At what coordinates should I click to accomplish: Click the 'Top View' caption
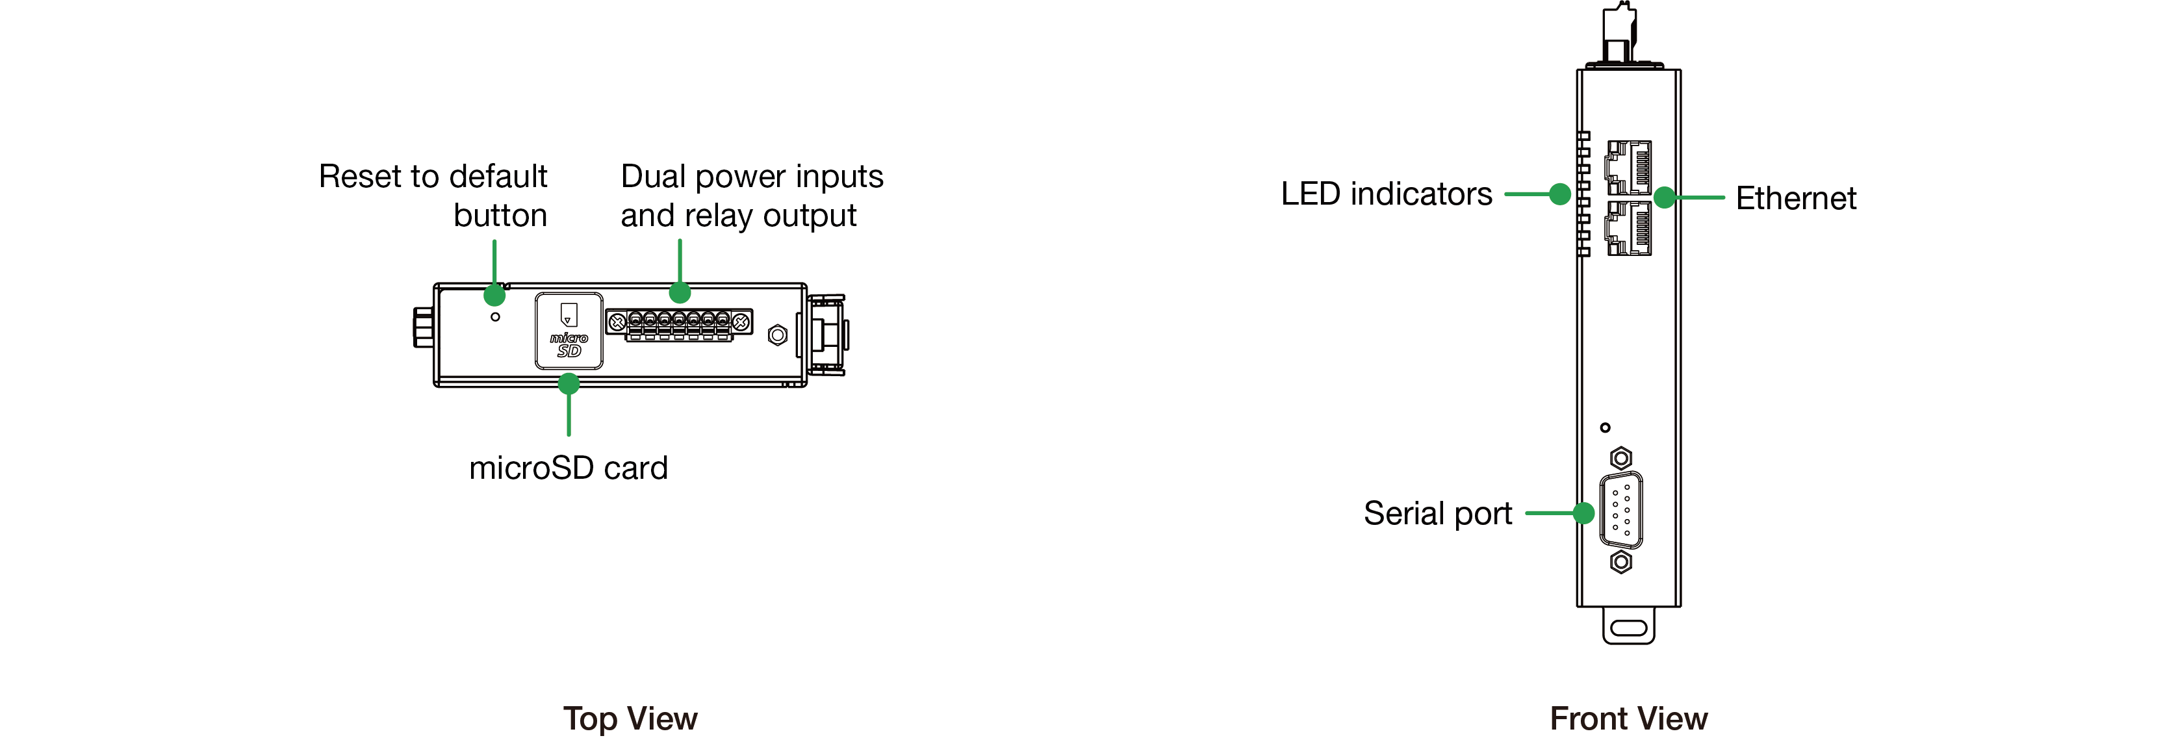point(630,719)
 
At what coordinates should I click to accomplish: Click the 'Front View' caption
point(1628,719)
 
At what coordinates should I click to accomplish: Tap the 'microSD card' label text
point(568,468)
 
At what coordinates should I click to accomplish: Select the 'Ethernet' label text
point(1795,198)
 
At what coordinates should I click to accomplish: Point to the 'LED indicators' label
point(1385,194)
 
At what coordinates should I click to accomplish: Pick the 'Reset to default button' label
point(433,195)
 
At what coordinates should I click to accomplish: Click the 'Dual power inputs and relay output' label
point(751,195)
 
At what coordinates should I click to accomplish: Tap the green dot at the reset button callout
point(494,296)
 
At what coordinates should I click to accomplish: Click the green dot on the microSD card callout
point(569,384)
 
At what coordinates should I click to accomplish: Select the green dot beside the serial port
point(1584,513)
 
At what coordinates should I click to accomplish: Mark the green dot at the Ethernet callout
point(1664,197)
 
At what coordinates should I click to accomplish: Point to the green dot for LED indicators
point(1560,194)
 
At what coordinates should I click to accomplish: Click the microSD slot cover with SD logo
point(569,331)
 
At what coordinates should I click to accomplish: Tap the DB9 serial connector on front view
point(1621,510)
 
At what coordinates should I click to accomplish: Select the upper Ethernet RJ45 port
point(1629,167)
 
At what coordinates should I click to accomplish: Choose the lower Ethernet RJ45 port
point(1629,228)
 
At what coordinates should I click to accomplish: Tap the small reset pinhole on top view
point(495,316)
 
